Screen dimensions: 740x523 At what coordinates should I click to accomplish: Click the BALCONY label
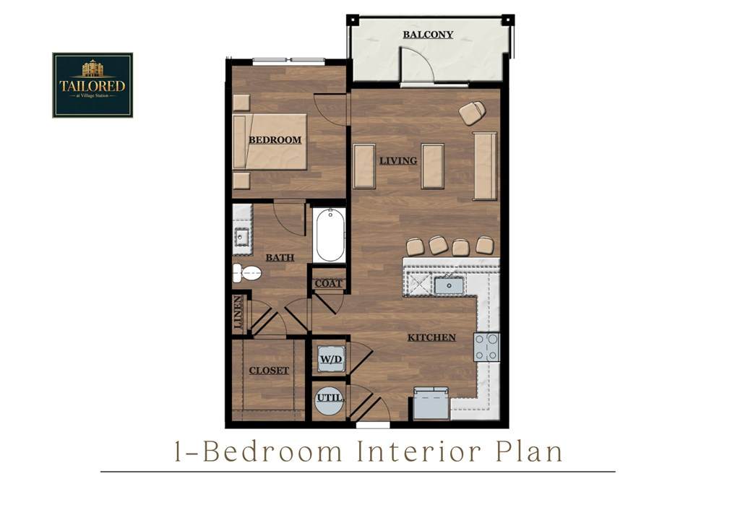click(428, 35)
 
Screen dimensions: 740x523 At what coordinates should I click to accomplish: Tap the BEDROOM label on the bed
click(275, 139)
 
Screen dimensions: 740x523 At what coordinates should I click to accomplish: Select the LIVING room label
click(398, 161)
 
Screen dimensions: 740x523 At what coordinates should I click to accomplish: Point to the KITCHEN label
click(431, 337)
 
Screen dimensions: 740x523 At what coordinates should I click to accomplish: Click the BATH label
click(280, 257)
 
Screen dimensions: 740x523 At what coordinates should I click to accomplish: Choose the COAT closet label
click(328, 283)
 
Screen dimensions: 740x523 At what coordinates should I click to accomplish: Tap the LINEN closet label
click(238, 312)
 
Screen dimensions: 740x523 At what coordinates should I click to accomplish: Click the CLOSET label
click(269, 371)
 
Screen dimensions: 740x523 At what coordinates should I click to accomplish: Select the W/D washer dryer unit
click(331, 359)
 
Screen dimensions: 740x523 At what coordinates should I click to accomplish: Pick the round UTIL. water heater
click(330, 400)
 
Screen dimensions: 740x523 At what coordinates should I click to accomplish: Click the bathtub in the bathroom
click(330, 235)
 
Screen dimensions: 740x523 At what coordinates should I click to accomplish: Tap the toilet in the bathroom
click(247, 273)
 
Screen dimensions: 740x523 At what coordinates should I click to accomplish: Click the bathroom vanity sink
click(241, 237)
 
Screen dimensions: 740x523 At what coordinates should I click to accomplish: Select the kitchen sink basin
click(449, 285)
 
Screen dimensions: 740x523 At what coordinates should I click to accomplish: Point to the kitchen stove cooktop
click(486, 347)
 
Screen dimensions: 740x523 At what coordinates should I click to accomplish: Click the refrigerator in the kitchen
click(431, 403)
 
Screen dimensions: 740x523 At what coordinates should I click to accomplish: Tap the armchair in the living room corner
click(473, 113)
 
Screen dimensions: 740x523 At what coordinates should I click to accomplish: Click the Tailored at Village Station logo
click(92, 85)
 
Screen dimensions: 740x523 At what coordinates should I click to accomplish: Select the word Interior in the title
click(419, 451)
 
